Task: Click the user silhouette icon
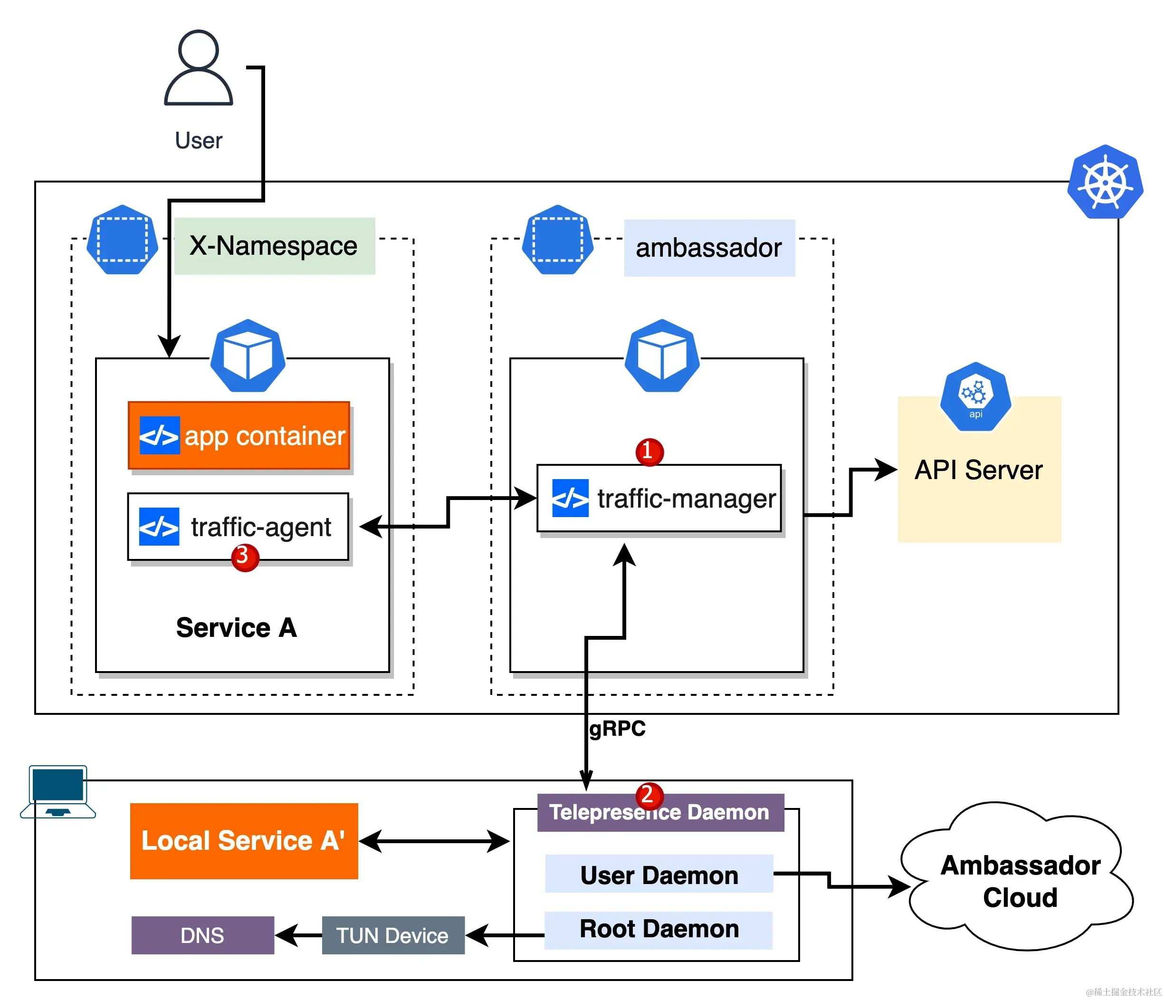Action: pyautogui.click(x=198, y=68)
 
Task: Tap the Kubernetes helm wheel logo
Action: pyautogui.click(x=1105, y=182)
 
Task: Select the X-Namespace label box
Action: pyautogui.click(x=274, y=246)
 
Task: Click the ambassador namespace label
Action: pyautogui.click(x=709, y=248)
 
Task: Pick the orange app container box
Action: pyautogui.click(x=239, y=435)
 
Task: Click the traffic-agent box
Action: pyautogui.click(x=239, y=527)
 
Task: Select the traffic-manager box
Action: pyautogui.click(x=659, y=498)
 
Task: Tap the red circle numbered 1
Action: pyautogui.click(x=649, y=451)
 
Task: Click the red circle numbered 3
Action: pyautogui.click(x=245, y=557)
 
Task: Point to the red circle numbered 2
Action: pyautogui.click(x=649, y=795)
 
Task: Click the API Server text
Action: pyautogui.click(x=978, y=470)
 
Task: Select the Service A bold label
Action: pyautogui.click(x=236, y=628)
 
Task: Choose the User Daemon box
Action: pyautogui.click(x=659, y=875)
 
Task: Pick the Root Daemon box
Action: pyautogui.click(x=659, y=929)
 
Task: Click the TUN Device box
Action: pyautogui.click(x=393, y=935)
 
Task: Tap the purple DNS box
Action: pyautogui.click(x=202, y=935)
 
